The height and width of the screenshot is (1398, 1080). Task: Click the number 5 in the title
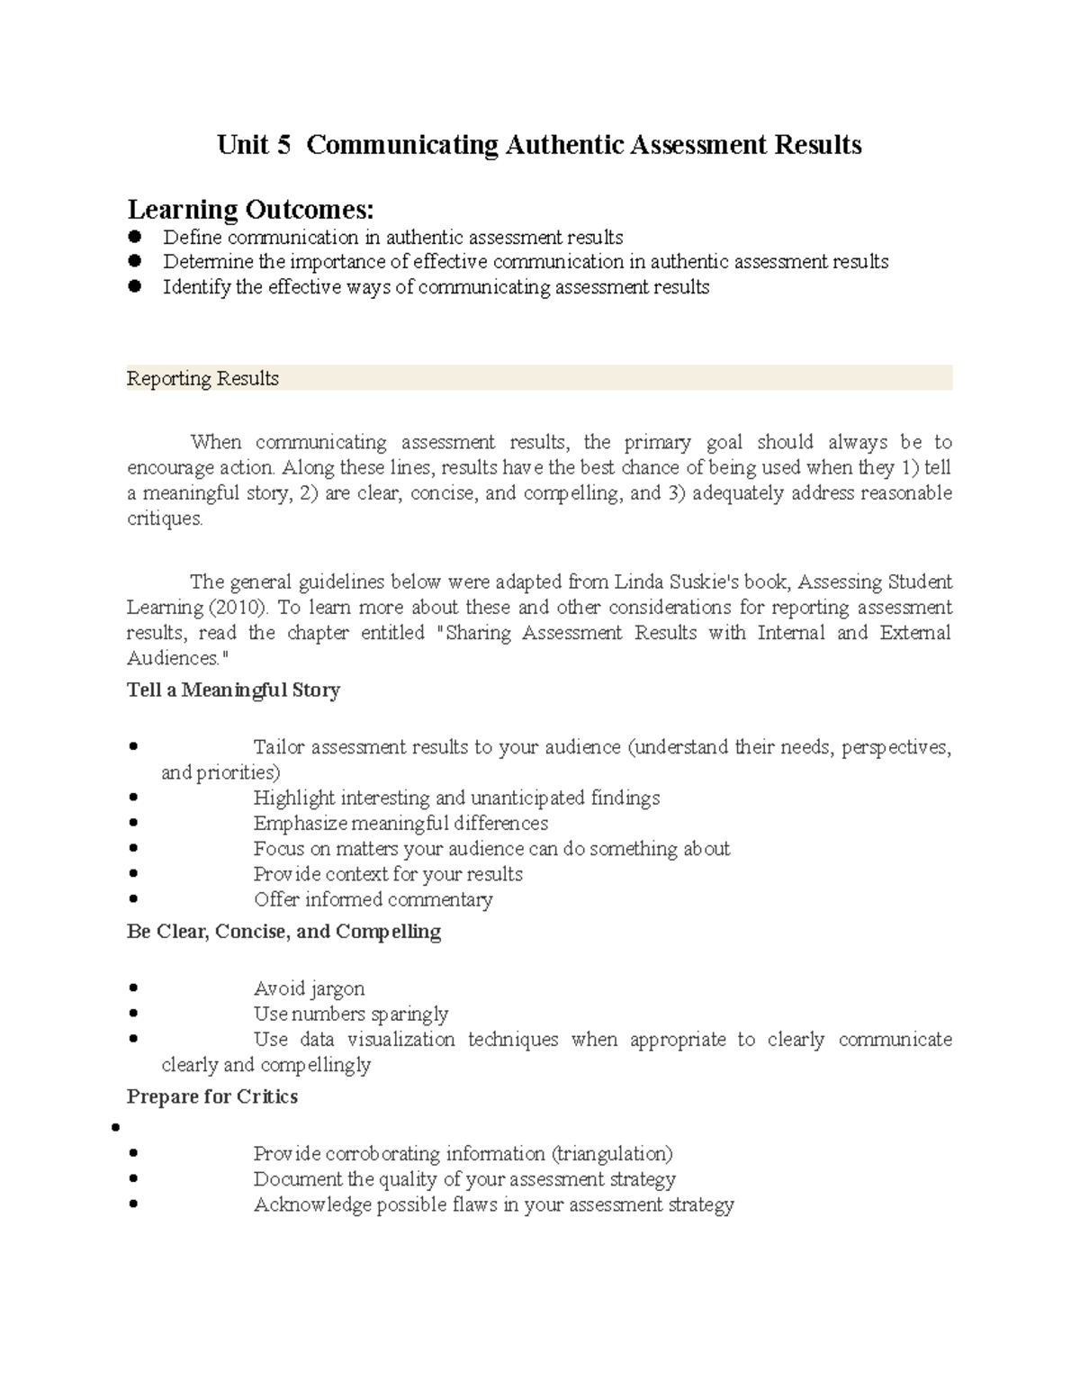283,145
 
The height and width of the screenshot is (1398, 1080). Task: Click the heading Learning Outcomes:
249,210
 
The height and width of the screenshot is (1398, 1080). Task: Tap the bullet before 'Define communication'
136,238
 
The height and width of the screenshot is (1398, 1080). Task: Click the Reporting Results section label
202,379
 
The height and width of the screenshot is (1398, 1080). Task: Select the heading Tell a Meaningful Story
233,690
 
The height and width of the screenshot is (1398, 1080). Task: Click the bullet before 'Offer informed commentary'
133,899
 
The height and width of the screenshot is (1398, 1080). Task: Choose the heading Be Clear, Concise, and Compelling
283,932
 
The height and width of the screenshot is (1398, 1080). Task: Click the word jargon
337,989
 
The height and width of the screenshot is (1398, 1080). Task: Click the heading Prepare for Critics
211,1096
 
